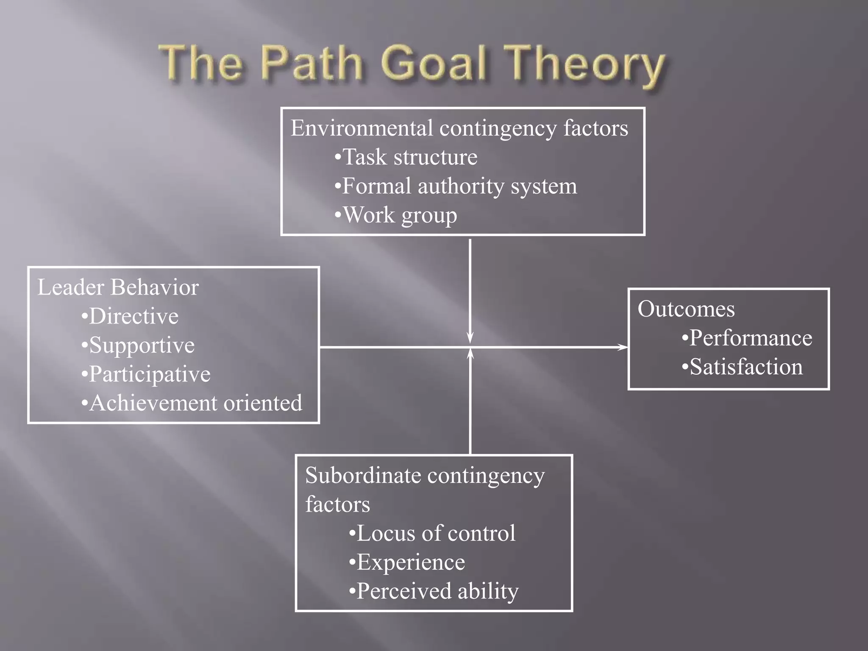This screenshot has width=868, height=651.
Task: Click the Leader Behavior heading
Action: [118, 287]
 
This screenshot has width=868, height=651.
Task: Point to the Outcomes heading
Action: [686, 309]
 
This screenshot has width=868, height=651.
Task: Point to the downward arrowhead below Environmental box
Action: [470, 338]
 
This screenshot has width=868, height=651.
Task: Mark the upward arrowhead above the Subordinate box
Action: [470, 354]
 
